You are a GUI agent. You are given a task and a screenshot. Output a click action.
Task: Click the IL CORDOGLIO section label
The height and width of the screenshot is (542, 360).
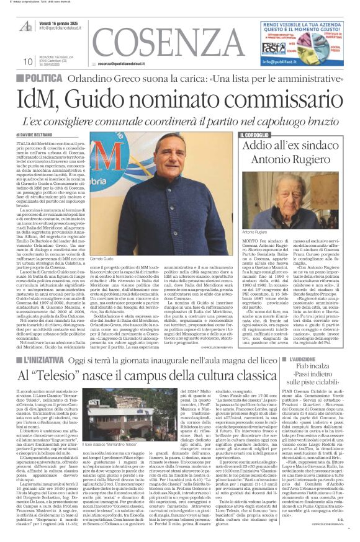[x=254, y=135]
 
